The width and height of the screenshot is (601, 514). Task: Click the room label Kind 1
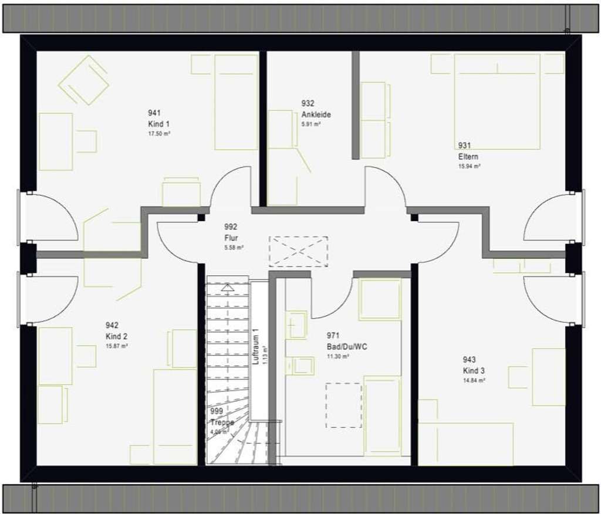point(159,124)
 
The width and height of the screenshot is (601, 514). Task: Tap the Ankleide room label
point(316,115)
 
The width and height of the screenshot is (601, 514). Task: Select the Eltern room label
point(468,157)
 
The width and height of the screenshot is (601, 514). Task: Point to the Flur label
point(231,238)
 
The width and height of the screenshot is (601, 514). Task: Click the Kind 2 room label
point(116,337)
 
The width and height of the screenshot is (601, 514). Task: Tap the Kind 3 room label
point(474,371)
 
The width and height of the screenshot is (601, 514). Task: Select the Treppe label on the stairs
point(222,422)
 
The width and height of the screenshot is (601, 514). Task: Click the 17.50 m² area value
point(159,134)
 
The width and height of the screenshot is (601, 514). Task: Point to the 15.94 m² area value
point(470,167)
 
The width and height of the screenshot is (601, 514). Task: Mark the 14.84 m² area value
point(474,381)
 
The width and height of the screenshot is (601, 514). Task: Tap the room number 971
point(333,336)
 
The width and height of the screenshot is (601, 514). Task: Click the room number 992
point(231,226)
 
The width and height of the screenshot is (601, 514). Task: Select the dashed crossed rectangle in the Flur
point(298,251)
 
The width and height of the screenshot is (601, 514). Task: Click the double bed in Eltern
point(497,101)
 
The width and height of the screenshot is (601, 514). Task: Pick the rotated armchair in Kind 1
point(84,80)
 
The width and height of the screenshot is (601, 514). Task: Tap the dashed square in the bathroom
point(343,405)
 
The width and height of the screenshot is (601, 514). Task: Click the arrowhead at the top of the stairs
point(227,287)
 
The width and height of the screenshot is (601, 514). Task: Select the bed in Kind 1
point(236,102)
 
